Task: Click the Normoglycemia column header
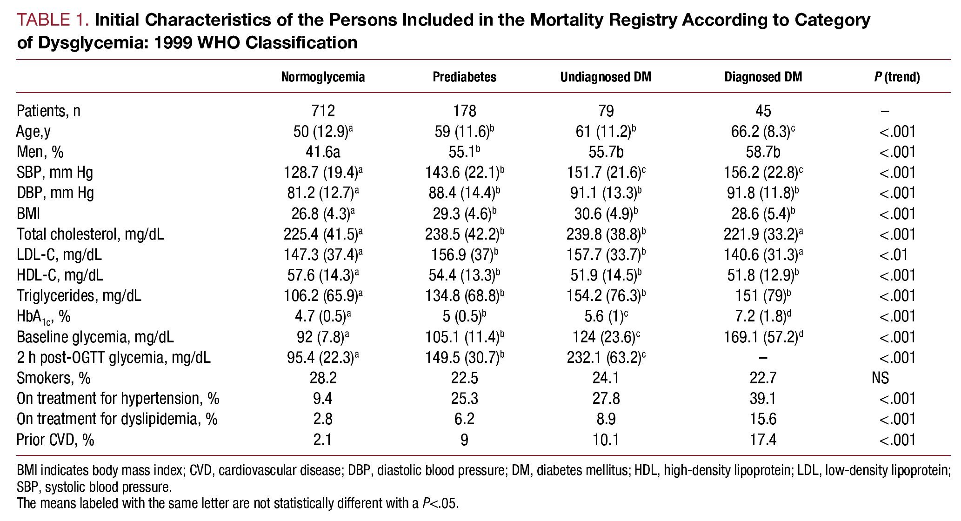click(323, 77)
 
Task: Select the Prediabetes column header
click(464, 77)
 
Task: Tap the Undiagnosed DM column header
click(606, 77)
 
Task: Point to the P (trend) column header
click(897, 77)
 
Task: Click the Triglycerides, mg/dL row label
click(79, 296)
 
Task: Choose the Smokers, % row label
click(53, 378)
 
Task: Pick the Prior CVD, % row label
click(55, 440)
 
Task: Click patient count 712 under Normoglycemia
click(323, 111)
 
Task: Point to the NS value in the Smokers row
click(881, 378)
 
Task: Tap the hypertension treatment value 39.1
click(763, 399)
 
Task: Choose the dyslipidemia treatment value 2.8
click(323, 419)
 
